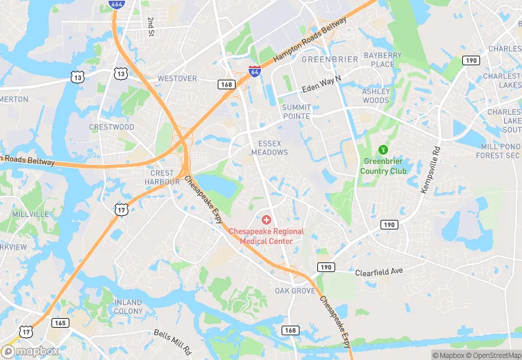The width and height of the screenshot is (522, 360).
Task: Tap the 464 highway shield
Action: tap(116, 5)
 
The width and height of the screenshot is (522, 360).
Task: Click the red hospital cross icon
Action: tap(266, 218)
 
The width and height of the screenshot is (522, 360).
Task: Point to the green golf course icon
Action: tap(384, 149)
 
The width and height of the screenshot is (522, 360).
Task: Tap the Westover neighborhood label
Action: tap(177, 78)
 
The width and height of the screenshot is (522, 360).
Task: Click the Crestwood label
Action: tap(112, 127)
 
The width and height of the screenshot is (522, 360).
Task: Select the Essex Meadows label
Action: tap(269, 148)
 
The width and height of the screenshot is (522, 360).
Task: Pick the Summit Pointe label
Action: tap(296, 112)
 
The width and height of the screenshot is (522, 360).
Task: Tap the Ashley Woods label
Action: tap(376, 96)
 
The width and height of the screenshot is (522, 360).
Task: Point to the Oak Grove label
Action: tap(295, 291)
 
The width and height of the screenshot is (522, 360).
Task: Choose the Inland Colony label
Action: tap(128, 306)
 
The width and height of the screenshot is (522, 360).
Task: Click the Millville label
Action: tap(30, 214)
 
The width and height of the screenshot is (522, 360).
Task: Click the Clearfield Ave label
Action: tap(378, 272)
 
